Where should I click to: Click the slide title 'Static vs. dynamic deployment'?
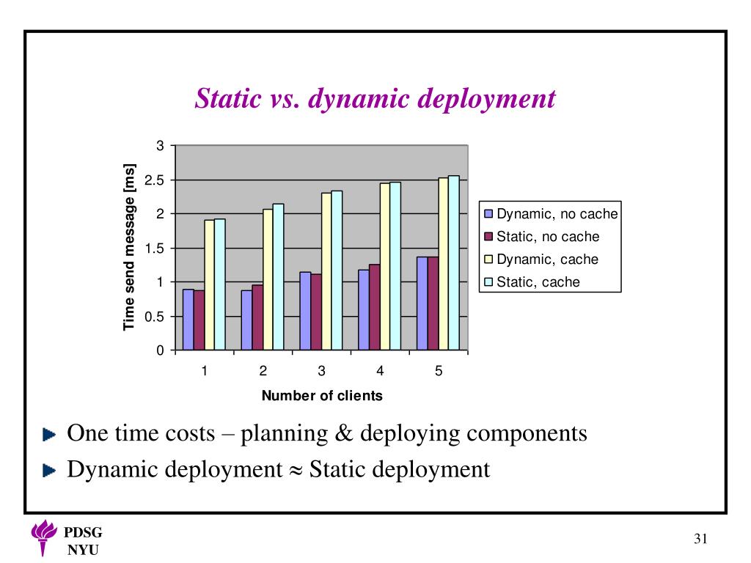pos(375,98)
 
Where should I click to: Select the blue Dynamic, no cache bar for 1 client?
pos(188,320)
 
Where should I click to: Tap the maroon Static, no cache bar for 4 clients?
pos(374,307)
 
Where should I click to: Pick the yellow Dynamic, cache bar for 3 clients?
pos(326,271)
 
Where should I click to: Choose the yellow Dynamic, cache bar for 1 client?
pos(209,285)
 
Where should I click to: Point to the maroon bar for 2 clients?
pos(257,317)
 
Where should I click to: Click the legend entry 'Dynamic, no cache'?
pos(557,215)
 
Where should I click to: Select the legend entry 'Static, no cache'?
pos(547,237)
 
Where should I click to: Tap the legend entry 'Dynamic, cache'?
pos(546,260)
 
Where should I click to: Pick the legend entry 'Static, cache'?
pos(538,282)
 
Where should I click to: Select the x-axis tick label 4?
pos(380,371)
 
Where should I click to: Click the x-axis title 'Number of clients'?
pos(322,397)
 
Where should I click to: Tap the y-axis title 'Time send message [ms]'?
pos(130,246)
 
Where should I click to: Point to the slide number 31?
pos(700,540)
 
